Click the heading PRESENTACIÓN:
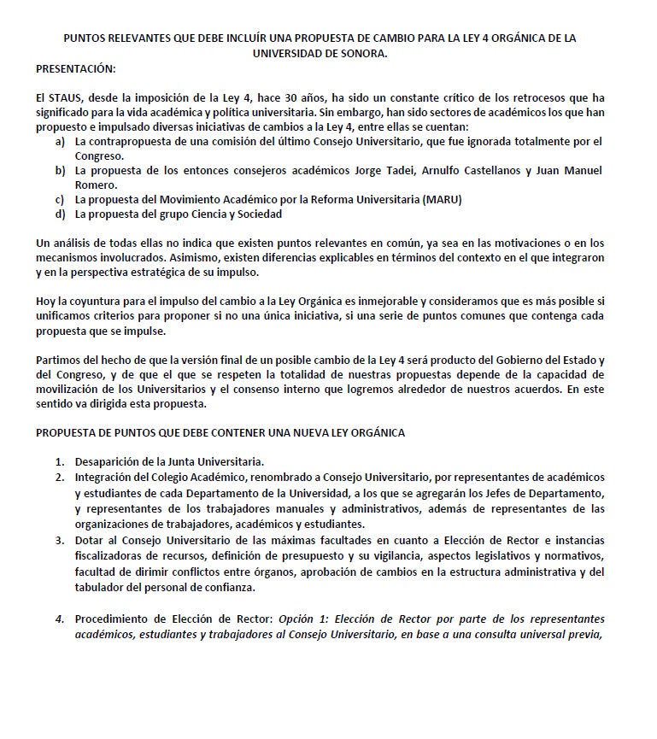[x=75, y=67]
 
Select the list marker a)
[x=60, y=141]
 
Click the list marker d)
[x=60, y=214]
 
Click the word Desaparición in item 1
[x=112, y=461]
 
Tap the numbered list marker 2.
[x=60, y=476]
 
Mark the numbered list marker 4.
[x=60, y=619]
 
